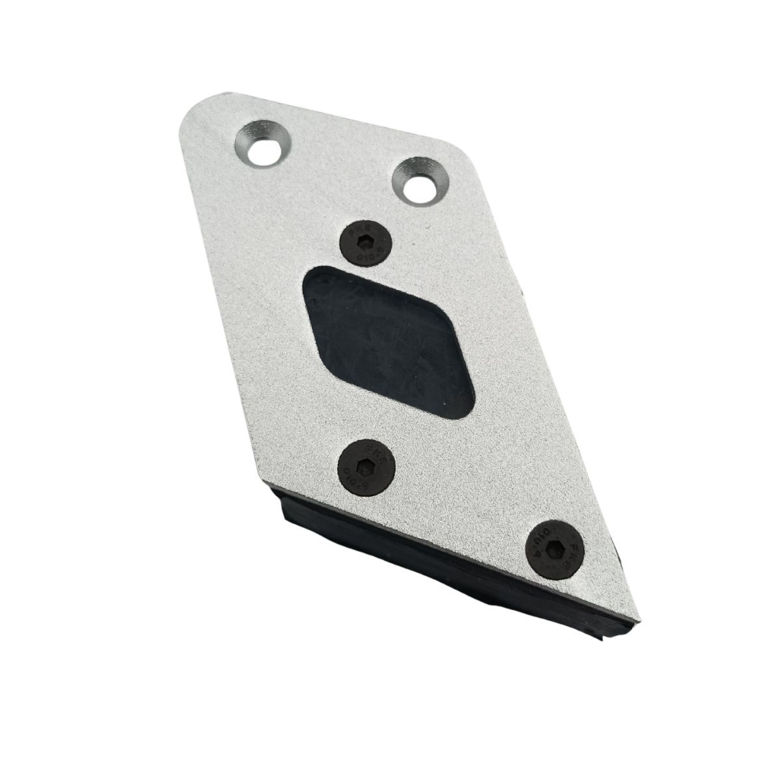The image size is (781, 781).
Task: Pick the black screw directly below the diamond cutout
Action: (368, 467)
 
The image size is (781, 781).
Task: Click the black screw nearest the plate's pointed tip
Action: (555, 548)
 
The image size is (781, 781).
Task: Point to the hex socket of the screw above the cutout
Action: (364, 244)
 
